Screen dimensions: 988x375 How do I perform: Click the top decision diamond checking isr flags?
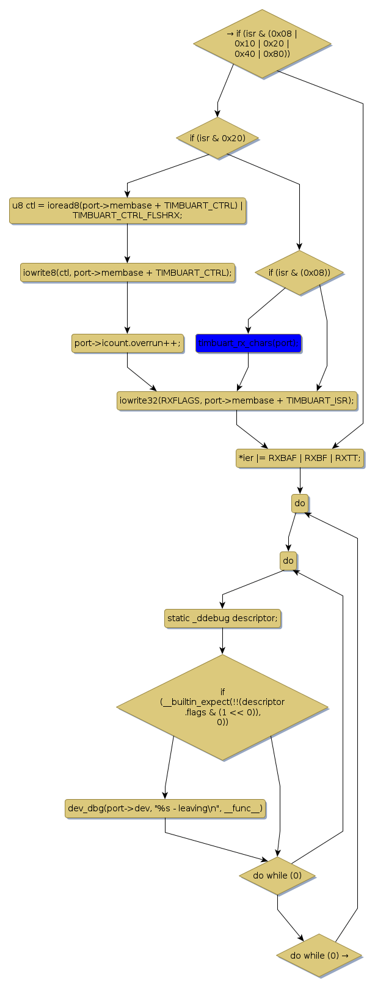[x=262, y=44]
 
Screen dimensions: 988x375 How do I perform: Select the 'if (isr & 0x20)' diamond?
[x=217, y=138]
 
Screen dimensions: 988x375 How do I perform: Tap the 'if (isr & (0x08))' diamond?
[x=299, y=273]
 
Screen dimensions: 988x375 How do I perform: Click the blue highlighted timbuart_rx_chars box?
[x=249, y=344]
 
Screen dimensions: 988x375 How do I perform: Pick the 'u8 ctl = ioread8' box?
[x=128, y=210]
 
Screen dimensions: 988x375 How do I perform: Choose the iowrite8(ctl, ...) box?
[x=128, y=273]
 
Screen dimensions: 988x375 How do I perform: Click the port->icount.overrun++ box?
[x=128, y=344]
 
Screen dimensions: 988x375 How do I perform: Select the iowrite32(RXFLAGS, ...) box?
[x=237, y=401]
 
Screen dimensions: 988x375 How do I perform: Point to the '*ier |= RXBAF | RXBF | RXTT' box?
[x=300, y=458]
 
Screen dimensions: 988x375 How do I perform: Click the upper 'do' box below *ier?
[x=300, y=504]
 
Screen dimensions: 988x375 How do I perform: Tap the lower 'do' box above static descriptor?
[x=288, y=561]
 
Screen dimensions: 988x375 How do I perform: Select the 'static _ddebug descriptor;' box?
[x=222, y=618]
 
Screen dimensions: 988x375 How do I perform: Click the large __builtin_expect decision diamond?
[x=222, y=708]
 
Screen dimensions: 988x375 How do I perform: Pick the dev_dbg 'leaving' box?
[x=165, y=808]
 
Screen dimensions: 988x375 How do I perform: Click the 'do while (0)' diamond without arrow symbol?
[x=277, y=876]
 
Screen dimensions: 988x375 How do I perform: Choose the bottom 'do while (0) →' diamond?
[x=319, y=956]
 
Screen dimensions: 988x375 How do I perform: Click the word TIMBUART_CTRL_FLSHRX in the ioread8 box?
[x=127, y=216]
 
